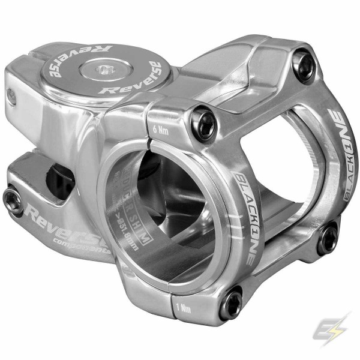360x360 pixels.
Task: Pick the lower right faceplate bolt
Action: [x=328, y=238]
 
